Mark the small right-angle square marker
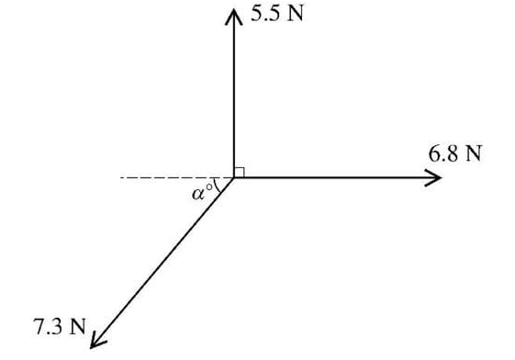240,172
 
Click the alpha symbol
198,194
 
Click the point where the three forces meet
233,178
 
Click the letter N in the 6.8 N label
474,153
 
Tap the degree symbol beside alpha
209,186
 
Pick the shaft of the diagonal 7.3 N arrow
165,259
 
